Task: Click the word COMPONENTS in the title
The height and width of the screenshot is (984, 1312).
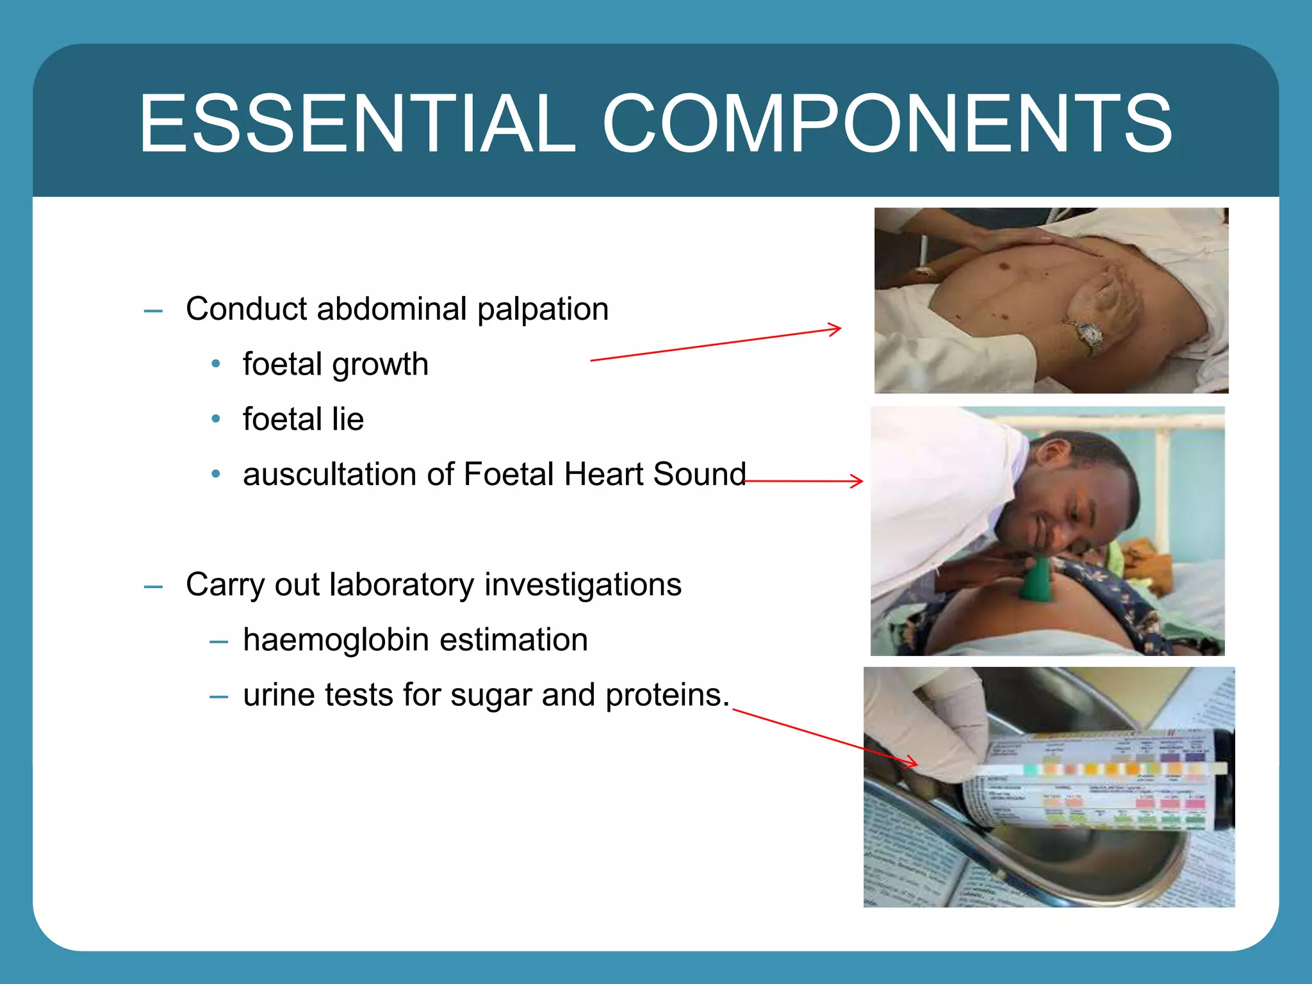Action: pyautogui.click(x=887, y=123)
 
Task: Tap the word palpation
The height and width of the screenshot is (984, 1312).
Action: pyautogui.click(x=543, y=310)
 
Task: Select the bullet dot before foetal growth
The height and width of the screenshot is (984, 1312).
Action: pyautogui.click(x=216, y=364)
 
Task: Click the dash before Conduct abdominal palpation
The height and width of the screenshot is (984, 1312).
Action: pyautogui.click(x=153, y=311)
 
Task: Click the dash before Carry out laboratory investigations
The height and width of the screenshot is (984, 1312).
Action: pyautogui.click(x=153, y=587)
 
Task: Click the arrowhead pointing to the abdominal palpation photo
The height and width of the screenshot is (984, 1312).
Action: pyautogui.click(x=836, y=329)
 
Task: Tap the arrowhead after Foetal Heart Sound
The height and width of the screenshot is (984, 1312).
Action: pyautogui.click(x=858, y=480)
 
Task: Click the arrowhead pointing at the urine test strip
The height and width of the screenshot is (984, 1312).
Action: pyautogui.click(x=912, y=762)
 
